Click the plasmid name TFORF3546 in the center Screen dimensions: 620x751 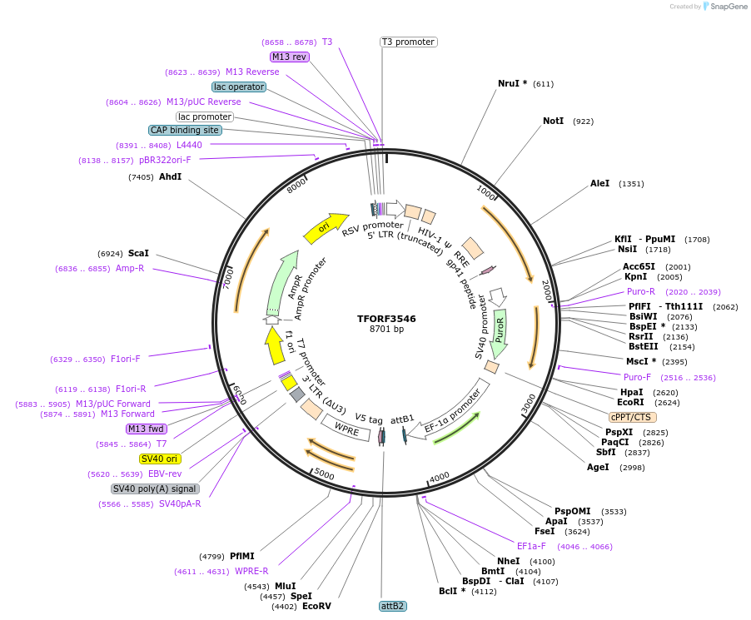[x=386, y=319]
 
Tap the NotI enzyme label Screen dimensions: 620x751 [x=554, y=121]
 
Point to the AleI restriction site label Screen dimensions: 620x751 [x=600, y=183]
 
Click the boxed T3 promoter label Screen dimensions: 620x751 [x=409, y=42]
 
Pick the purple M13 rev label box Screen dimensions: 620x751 [x=290, y=57]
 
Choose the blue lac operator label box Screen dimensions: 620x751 [x=239, y=87]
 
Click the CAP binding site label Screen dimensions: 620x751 [x=185, y=130]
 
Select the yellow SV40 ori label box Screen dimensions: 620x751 [x=161, y=459]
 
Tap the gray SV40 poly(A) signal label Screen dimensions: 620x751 [x=155, y=489]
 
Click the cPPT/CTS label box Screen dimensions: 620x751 [x=633, y=417]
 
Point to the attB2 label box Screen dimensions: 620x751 [x=392, y=606]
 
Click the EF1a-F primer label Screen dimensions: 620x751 [x=531, y=546]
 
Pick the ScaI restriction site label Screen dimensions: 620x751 [x=138, y=253]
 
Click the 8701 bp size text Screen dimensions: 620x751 [x=386, y=330]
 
